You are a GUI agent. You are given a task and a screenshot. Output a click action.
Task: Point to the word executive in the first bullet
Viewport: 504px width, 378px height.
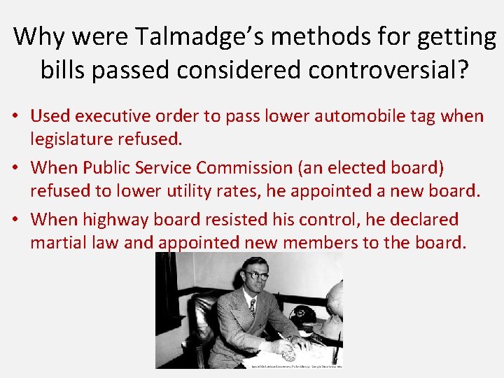[x=122, y=115]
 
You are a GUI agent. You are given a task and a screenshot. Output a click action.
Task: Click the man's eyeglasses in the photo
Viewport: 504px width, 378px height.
[x=256, y=276]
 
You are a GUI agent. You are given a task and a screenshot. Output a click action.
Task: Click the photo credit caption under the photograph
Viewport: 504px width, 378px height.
[x=297, y=365]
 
